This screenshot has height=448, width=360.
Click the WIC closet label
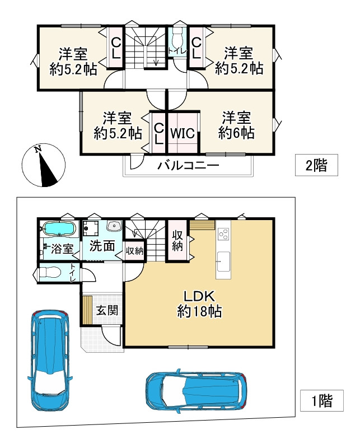(x=183, y=133)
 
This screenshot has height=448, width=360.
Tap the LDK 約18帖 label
(x=199, y=304)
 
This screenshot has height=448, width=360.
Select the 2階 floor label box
(x=316, y=165)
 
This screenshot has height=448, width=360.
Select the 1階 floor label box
(x=322, y=400)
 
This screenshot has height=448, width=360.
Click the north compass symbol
(x=44, y=165)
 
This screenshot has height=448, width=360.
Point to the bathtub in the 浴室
(x=59, y=229)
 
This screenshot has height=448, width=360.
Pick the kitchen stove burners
(x=223, y=234)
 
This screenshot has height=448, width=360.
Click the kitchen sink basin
(x=223, y=262)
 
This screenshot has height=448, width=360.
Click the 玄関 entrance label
(x=107, y=310)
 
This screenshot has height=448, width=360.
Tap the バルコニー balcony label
(x=189, y=165)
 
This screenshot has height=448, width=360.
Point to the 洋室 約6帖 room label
(x=237, y=125)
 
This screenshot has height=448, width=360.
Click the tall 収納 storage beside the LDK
(x=177, y=240)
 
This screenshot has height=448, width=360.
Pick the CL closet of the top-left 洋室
(x=116, y=48)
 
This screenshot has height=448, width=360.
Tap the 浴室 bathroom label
(x=62, y=249)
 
